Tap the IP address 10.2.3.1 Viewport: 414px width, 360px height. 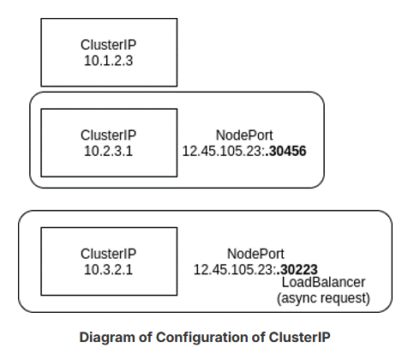pyautogui.click(x=108, y=150)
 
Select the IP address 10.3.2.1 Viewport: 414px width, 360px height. pyautogui.click(x=108, y=268)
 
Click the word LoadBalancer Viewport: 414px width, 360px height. pyautogui.click(x=323, y=282)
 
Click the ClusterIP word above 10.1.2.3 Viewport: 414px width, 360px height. pyautogui.click(x=108, y=44)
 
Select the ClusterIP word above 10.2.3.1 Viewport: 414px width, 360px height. pyautogui.click(x=108, y=135)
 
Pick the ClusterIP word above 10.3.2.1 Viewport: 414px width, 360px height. pyautogui.click(x=108, y=254)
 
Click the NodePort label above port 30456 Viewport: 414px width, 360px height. pyautogui.click(x=244, y=135)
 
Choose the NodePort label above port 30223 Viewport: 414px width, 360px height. pyautogui.click(x=255, y=254)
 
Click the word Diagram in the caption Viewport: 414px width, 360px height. pyautogui.click(x=105, y=337)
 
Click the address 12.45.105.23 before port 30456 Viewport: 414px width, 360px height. pyautogui.click(x=220, y=150)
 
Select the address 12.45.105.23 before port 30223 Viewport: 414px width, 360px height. pyautogui.click(x=231, y=268)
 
